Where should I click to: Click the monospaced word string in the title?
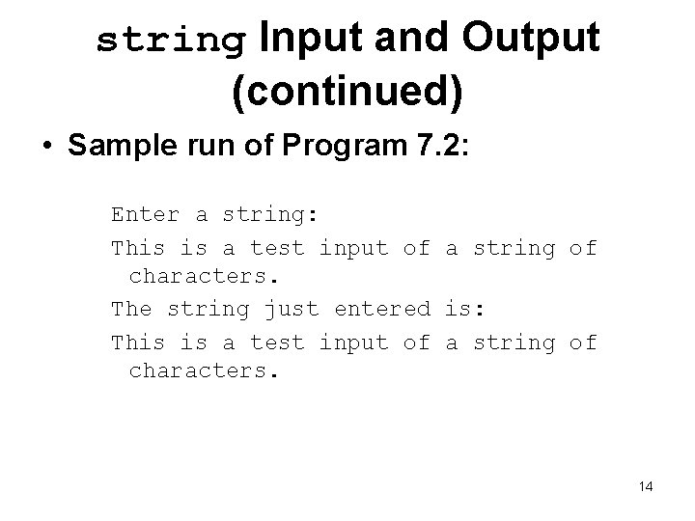(171, 41)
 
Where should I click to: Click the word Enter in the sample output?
(146, 213)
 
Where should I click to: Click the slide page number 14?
(646, 487)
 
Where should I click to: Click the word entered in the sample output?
(382, 310)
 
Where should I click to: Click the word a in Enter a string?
(202, 213)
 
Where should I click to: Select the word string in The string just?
(208, 310)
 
